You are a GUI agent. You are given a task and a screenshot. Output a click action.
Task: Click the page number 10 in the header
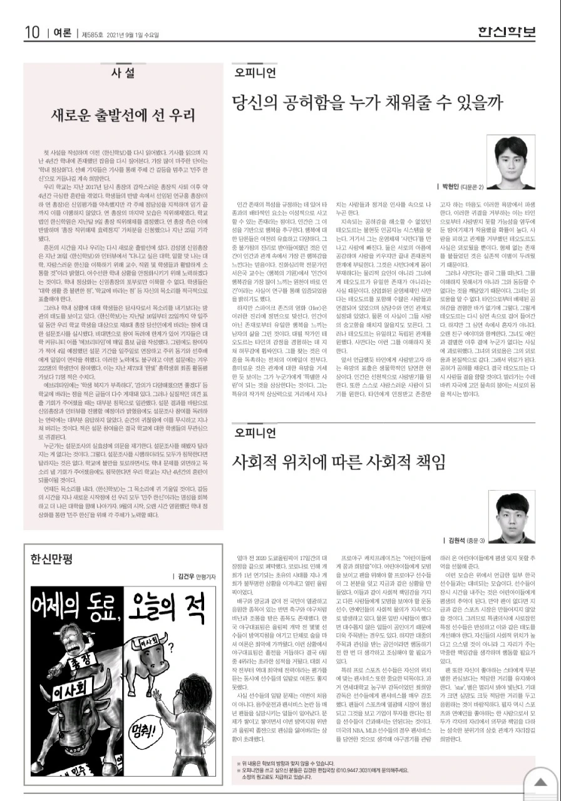[32, 32]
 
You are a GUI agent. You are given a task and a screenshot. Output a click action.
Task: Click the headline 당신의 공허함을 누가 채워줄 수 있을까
[367, 101]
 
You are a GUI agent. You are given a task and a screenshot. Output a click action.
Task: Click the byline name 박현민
[451, 186]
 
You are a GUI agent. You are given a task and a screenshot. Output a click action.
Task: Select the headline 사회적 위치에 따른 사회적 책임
[339, 462]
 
